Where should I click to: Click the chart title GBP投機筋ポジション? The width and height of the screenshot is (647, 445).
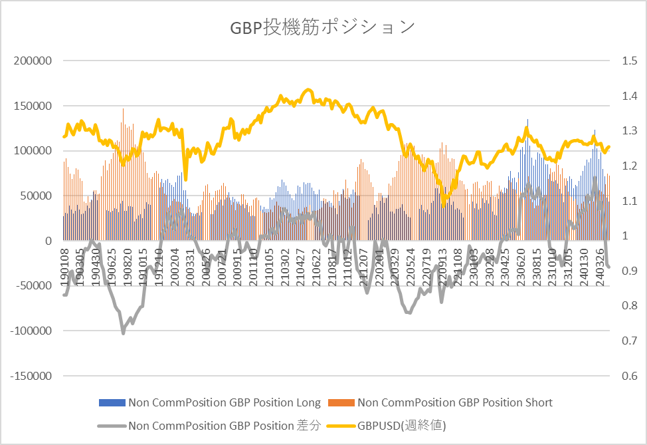tap(323, 27)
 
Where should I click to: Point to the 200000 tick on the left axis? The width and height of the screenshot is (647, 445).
tap(33, 61)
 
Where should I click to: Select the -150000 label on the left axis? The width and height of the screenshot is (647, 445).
tap(31, 376)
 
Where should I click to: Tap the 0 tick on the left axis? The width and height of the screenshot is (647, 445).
tap(48, 241)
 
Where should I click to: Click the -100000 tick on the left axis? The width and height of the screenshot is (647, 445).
tap(31, 331)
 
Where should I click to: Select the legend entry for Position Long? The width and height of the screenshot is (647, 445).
tap(225, 402)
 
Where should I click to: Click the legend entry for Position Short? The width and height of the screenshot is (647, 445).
tap(454, 402)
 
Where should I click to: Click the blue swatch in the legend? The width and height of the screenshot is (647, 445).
tap(112, 402)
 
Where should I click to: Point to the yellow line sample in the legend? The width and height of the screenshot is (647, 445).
tap(339, 425)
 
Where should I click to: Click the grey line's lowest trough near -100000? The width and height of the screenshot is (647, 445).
tap(123, 333)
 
